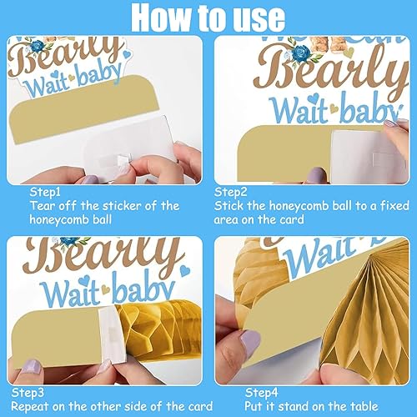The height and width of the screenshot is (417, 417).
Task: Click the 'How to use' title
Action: click(x=208, y=18)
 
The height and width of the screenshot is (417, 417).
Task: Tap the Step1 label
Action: click(x=45, y=192)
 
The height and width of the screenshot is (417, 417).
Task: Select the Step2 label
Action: click(x=230, y=192)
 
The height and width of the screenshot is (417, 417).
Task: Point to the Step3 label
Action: click(x=28, y=393)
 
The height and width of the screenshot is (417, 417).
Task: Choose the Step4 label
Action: click(x=261, y=393)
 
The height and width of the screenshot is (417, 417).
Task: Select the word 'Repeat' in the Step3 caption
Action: click(x=30, y=407)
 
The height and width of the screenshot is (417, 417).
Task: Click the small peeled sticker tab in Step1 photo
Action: click(x=122, y=161)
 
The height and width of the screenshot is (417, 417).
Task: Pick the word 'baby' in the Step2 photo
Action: click(x=370, y=110)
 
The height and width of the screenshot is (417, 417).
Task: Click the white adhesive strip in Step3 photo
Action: click(x=111, y=334)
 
